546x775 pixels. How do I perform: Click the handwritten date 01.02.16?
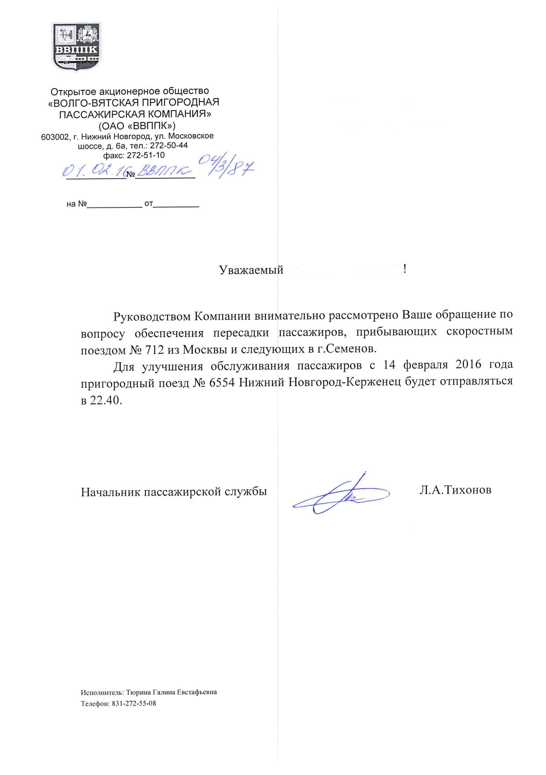pyautogui.click(x=94, y=171)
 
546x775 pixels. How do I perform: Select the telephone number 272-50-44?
pyautogui.click(x=169, y=145)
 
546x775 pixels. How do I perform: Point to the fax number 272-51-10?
pyautogui.click(x=145, y=155)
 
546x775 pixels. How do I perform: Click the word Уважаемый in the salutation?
pyautogui.click(x=251, y=270)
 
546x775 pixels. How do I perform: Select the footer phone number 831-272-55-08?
pyautogui.click(x=134, y=703)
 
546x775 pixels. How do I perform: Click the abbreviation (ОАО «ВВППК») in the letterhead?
pyautogui.click(x=137, y=126)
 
